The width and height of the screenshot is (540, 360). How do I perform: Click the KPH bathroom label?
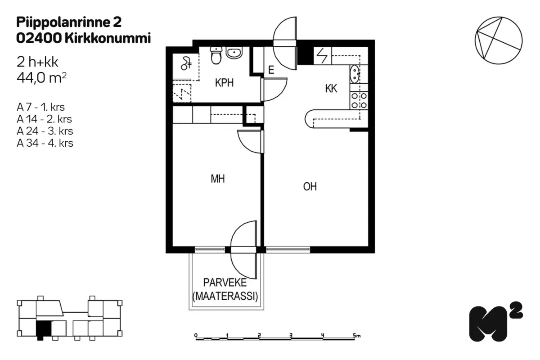coord(224,83)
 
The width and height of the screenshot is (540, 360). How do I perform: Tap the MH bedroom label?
coord(218,179)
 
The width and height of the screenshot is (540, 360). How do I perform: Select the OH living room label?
coord(310,186)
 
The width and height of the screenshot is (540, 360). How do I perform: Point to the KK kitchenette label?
coord(331,89)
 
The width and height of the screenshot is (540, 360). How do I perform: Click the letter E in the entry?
coord(271,70)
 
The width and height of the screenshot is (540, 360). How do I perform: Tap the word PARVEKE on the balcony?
coord(225,283)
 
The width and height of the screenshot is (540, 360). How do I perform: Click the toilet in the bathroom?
coord(216,55)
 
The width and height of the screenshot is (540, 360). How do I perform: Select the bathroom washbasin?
coord(234,53)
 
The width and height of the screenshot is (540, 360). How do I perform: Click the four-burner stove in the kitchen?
coord(359,100)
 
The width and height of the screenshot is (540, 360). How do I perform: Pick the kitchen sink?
coord(355,74)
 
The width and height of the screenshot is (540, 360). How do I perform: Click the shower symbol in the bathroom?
coord(186,63)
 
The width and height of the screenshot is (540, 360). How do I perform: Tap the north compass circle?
coord(499,40)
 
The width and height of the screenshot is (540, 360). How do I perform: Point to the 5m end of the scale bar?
coord(356,335)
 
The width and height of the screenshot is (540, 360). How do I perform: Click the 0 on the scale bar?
coord(196,335)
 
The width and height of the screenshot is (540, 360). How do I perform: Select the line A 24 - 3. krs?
coord(45,131)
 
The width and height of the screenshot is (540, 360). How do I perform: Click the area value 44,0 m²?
coord(41,78)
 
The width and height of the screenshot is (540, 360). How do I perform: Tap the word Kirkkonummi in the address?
coord(108,38)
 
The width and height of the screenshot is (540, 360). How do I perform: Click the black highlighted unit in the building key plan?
coord(44,329)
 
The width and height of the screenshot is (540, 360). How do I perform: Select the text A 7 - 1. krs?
coord(41,107)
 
